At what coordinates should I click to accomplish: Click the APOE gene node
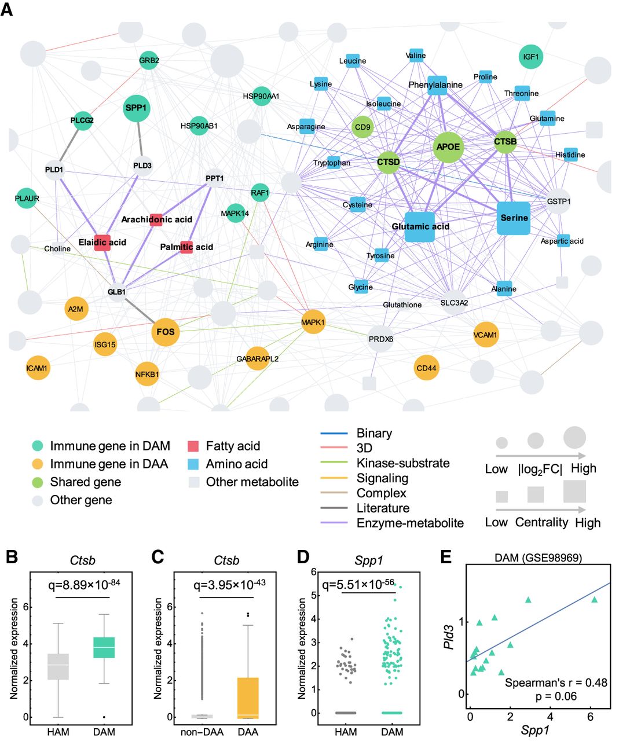pyautogui.click(x=448, y=147)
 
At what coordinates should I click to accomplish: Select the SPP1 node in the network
pyautogui.click(x=137, y=108)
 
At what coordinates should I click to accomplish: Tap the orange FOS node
pyautogui.click(x=165, y=332)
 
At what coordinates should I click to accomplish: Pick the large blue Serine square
pyautogui.click(x=514, y=218)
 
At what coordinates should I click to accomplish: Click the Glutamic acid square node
pyautogui.click(x=420, y=226)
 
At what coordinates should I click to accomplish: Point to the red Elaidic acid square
pyautogui.click(x=102, y=243)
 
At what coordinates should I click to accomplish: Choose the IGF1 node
pyautogui.click(x=530, y=57)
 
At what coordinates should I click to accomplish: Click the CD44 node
pyautogui.click(x=426, y=368)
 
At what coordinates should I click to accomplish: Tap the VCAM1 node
pyautogui.click(x=486, y=335)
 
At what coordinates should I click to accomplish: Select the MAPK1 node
pyautogui.click(x=313, y=322)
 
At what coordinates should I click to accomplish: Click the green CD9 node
pyautogui.click(x=363, y=127)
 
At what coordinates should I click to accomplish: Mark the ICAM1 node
pyautogui.click(x=37, y=368)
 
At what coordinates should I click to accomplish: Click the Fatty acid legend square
pyautogui.click(x=194, y=446)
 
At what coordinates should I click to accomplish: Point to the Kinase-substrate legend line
pyautogui.click(x=334, y=463)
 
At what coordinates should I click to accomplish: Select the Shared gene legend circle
pyautogui.click(x=38, y=482)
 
